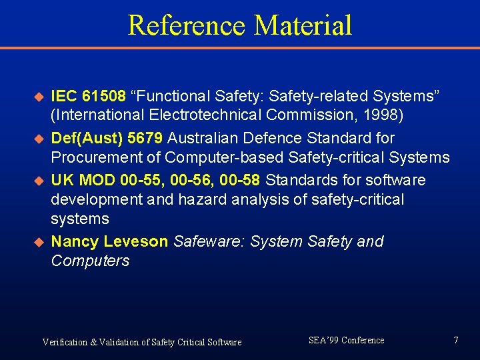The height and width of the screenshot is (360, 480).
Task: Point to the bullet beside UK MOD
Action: [39, 181]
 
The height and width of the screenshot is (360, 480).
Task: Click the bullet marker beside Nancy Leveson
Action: [39, 242]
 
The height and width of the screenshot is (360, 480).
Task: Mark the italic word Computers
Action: [90, 261]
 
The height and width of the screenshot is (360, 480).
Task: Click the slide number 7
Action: [456, 340]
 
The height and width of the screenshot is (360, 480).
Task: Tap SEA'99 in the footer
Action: [323, 340]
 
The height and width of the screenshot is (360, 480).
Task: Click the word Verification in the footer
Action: [65, 342]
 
